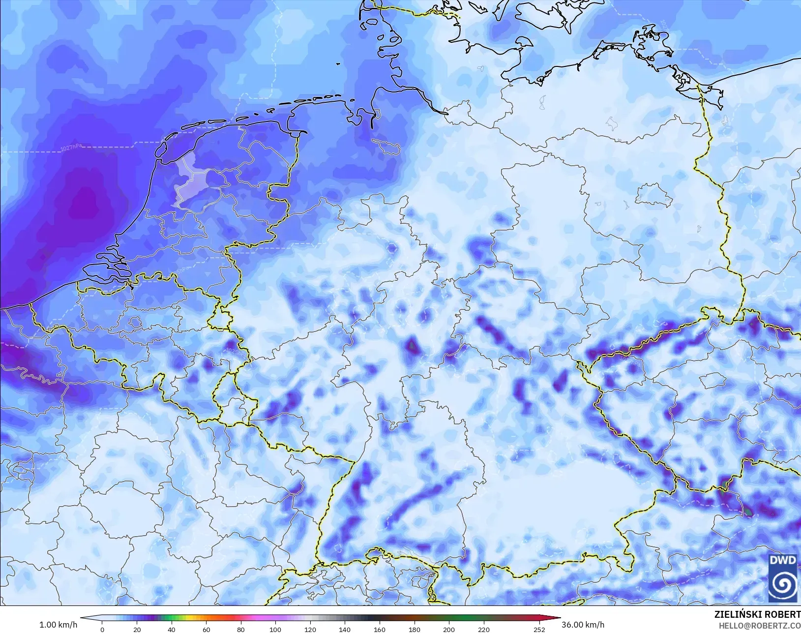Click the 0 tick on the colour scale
coord(102,629)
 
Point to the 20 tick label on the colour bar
coord(137,629)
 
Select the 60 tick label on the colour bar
coord(206,629)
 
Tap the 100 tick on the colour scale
coord(275,629)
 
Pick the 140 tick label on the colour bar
coord(345,629)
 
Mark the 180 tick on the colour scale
coord(414,629)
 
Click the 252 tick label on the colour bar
coord(539,629)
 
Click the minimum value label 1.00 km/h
coord(58,625)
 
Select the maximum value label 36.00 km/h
coord(583,625)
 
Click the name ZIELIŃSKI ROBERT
coord(757,614)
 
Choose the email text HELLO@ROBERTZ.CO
coord(760,625)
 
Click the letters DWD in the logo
coord(783,560)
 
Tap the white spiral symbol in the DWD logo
coord(783,584)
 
